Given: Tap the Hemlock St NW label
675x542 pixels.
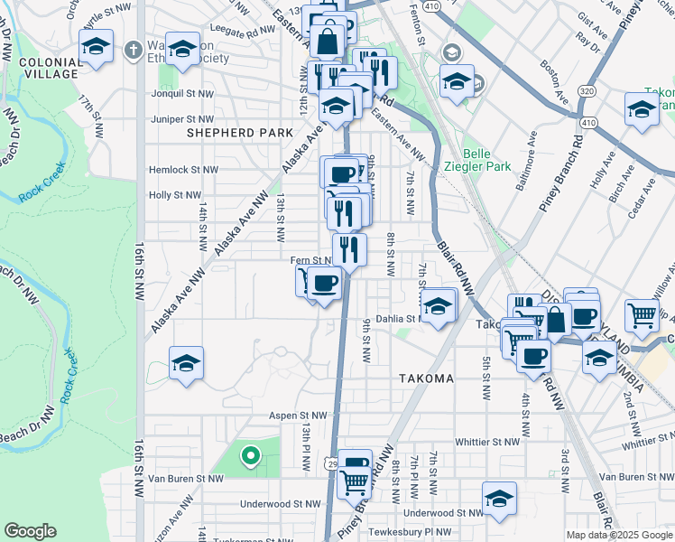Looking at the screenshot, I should pyautogui.click(x=184, y=169).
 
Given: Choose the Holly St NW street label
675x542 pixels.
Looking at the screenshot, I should pyautogui.click(x=174, y=194).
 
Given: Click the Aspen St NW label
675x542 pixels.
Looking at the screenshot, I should pyautogui.click(x=295, y=415).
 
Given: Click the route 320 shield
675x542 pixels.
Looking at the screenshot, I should pyautogui.click(x=587, y=91).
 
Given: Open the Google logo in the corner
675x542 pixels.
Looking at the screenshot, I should pyautogui.click(x=30, y=531).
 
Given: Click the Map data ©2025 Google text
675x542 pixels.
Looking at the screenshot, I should pyautogui.click(x=619, y=535).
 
